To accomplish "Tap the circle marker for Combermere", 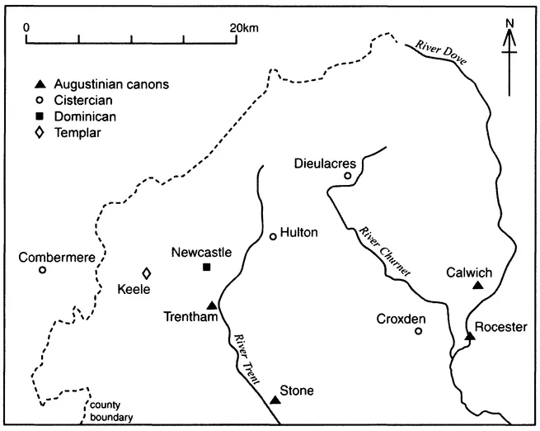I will (42, 270).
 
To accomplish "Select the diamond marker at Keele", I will (147, 273).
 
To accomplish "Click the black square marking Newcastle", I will (206, 267).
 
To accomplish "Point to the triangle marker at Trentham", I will (212, 305).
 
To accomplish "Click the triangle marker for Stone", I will (275, 400).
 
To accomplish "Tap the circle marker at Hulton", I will (273, 237).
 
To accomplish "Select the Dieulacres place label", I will (326, 163).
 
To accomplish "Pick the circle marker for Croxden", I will (418, 331).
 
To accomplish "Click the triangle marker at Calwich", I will (477, 286).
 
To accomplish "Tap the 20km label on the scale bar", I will (245, 26).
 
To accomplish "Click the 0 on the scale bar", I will (27, 26).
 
